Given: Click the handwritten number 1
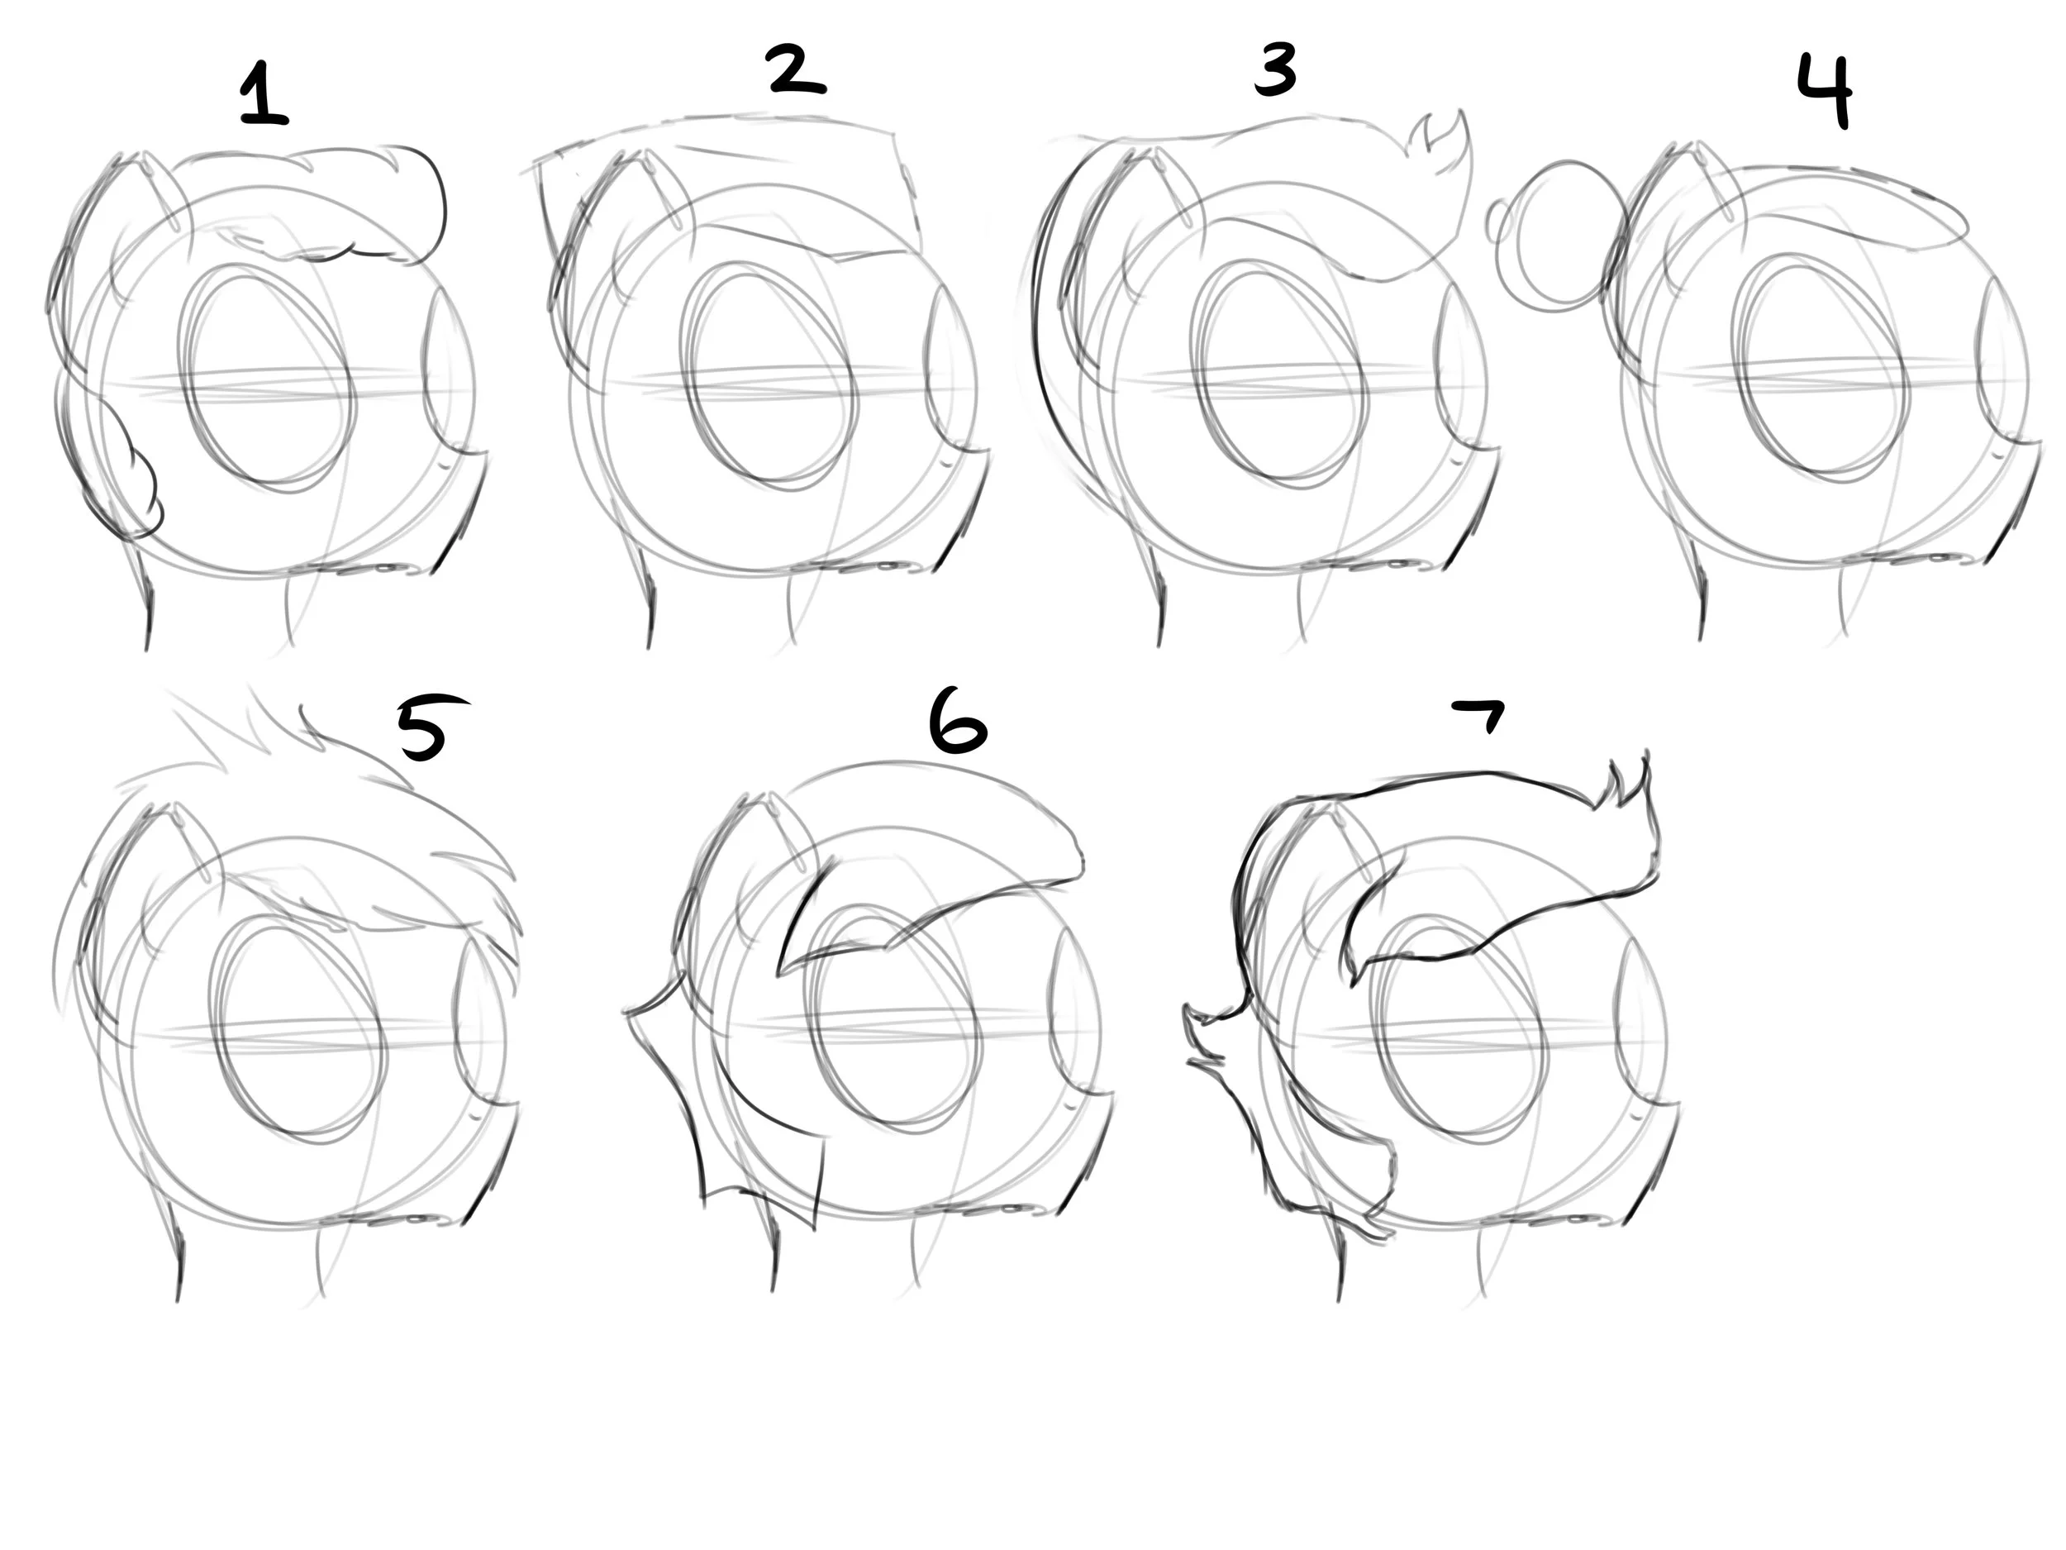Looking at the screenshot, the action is point(264,93).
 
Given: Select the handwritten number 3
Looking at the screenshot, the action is point(1276,71).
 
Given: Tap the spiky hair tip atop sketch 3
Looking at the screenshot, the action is point(1440,144).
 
